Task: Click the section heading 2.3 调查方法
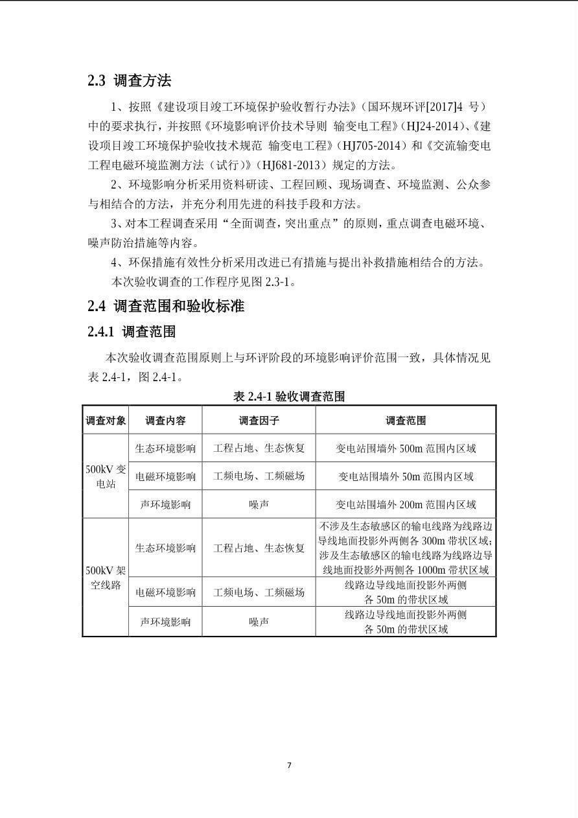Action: [x=130, y=81]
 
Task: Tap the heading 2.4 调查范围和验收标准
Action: [x=166, y=306]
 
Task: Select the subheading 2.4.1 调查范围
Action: [x=132, y=332]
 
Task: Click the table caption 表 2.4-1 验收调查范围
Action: [x=289, y=397]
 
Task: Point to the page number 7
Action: [x=289, y=765]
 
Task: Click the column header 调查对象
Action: [x=106, y=420]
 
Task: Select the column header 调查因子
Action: [x=259, y=420]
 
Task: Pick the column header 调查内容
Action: [x=165, y=420]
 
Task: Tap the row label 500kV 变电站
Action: [x=106, y=476]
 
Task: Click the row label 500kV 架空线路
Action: [x=106, y=578]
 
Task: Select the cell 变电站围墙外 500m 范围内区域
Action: [x=406, y=449]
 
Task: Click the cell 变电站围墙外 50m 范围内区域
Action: [x=406, y=476]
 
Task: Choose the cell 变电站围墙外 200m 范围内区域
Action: [x=406, y=504]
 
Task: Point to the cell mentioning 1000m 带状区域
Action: [x=406, y=548]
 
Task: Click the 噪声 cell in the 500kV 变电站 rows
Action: [x=259, y=504]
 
